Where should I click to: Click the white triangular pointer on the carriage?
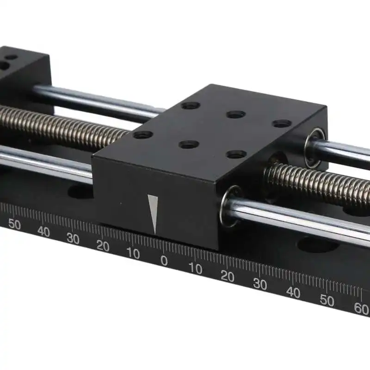coord(154,214)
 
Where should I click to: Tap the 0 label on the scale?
coord(164,260)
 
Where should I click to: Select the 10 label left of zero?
coord(133,253)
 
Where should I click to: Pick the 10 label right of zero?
coord(195,268)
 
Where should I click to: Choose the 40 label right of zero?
coord(293,292)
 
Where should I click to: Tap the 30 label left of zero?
coord(73,239)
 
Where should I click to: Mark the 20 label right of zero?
coord(227,276)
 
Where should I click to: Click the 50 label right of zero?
coord(327,301)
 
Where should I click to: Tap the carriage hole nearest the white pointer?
coord(188,145)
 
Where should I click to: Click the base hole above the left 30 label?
coord(81,191)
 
